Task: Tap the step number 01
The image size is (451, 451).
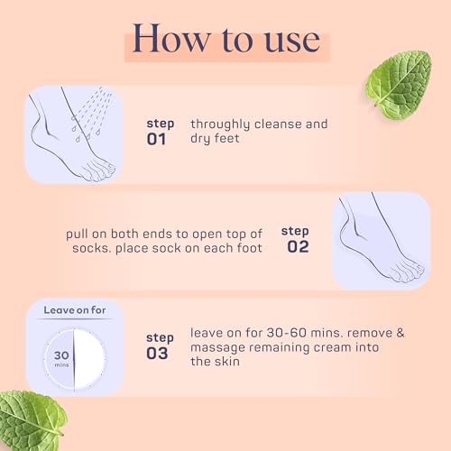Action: click(158, 140)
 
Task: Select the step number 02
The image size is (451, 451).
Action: click(298, 246)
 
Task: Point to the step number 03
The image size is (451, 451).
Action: click(158, 353)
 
